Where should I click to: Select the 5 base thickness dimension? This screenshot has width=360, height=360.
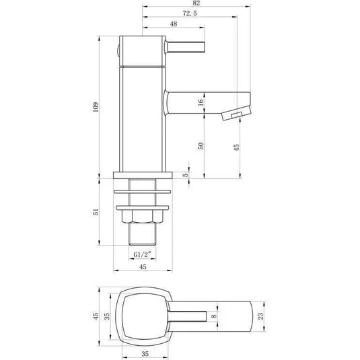click(186, 175)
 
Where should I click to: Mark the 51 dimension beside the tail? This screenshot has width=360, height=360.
click(96, 212)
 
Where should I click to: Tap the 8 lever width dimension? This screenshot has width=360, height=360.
click(214, 313)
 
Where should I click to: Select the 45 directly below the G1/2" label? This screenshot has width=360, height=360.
click(142, 266)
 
